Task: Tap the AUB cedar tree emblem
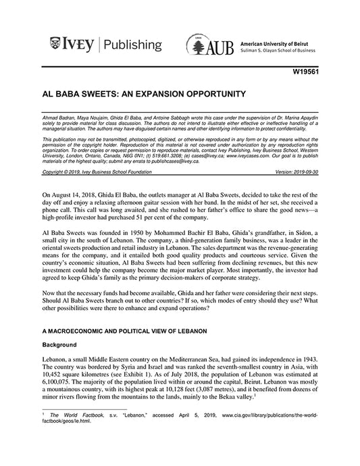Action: [x=196, y=47]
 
